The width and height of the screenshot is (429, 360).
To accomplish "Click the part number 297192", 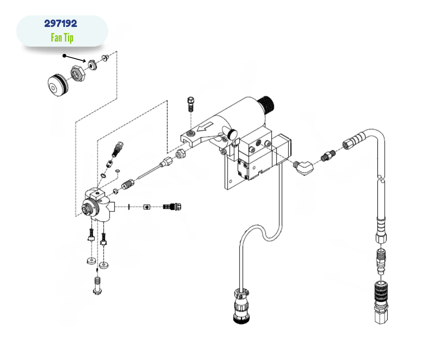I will pyautogui.click(x=61, y=24).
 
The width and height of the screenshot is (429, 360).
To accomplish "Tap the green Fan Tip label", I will pyautogui.click(x=62, y=37).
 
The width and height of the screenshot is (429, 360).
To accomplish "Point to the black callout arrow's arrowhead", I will pyautogui.click(x=84, y=61).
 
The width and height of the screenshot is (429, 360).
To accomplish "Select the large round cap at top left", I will pyautogui.click(x=58, y=85).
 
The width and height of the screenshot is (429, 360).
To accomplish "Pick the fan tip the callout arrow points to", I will pyautogui.click(x=92, y=65).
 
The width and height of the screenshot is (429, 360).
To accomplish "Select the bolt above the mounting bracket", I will pyautogui.click(x=191, y=104).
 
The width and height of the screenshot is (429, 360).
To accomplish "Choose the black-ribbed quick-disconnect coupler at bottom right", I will pyautogui.click(x=381, y=293).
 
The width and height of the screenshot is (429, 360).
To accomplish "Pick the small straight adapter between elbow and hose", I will pyautogui.click(x=328, y=155).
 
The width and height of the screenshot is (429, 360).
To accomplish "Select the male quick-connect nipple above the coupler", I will pyautogui.click(x=381, y=260).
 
